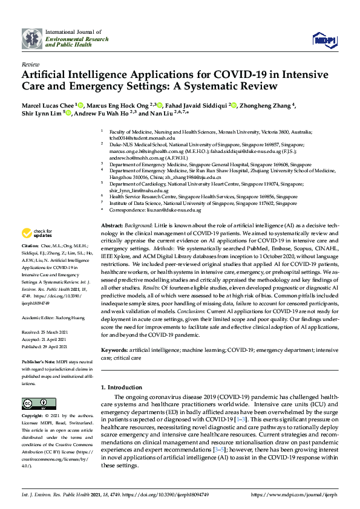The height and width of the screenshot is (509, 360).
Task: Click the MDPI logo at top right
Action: pyautogui.click(x=324, y=40)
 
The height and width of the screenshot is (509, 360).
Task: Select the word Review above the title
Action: pyautogui.click(x=30, y=63)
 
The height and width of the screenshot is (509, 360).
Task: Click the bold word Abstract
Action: pyautogui.click(x=113, y=225)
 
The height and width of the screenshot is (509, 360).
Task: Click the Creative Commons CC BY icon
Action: pyautogui.click(x=35, y=403)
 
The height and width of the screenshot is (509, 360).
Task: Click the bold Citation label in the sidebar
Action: pyautogui.click(x=30, y=247)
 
